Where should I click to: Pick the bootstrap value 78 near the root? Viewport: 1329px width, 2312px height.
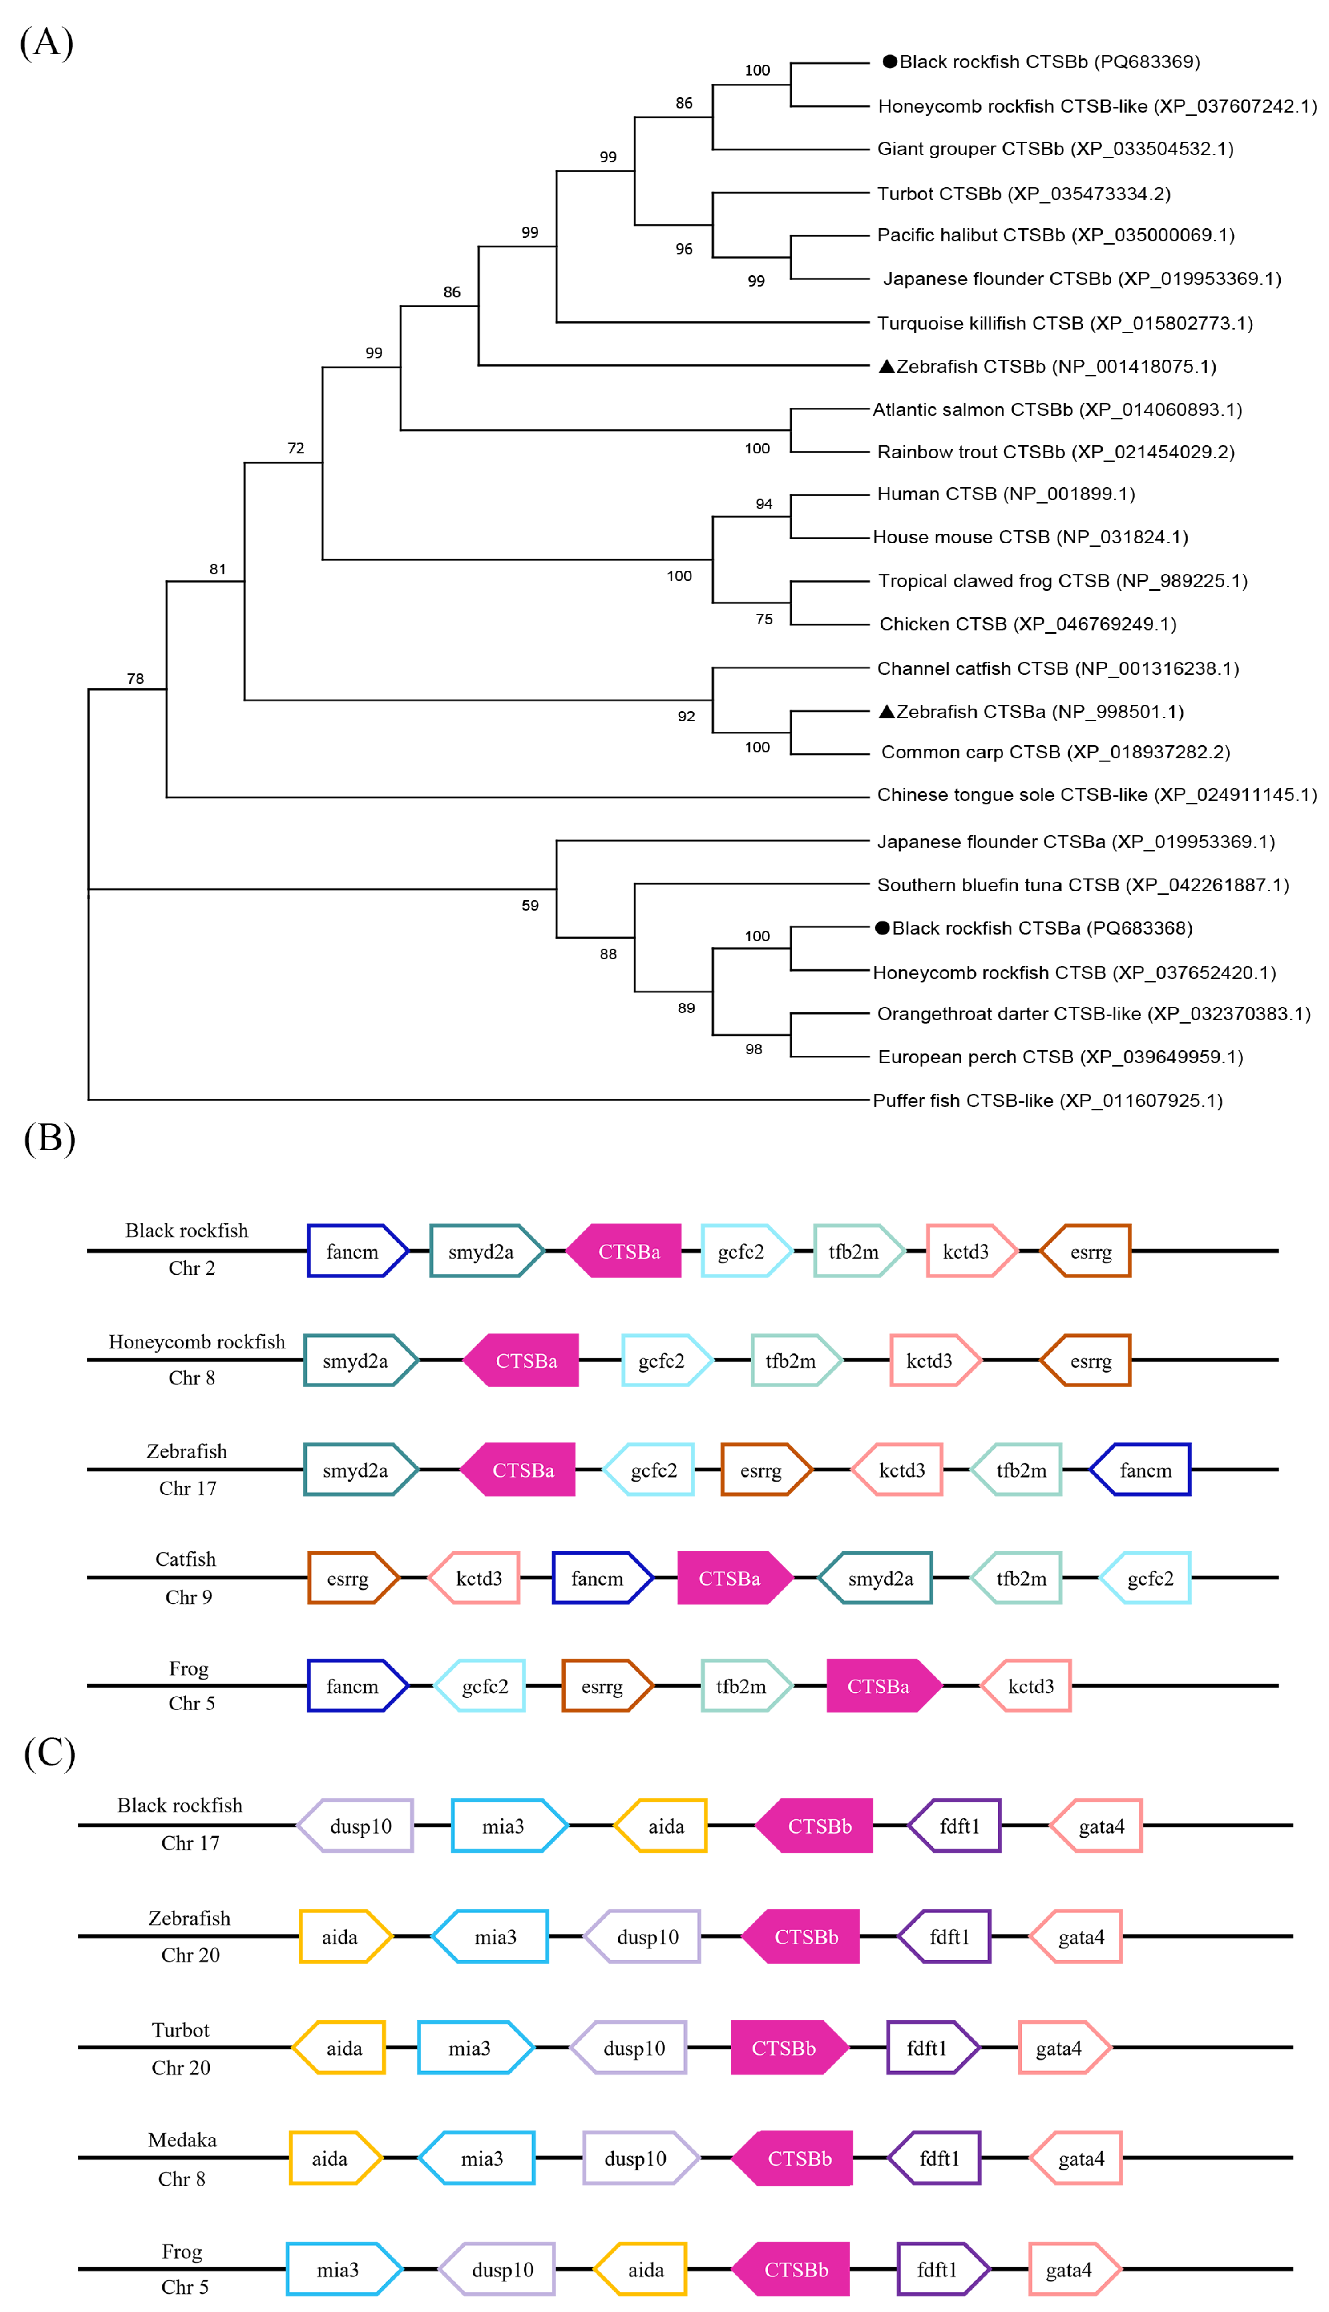click(x=135, y=678)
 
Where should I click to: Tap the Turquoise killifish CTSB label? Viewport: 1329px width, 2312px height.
click(x=1064, y=323)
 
